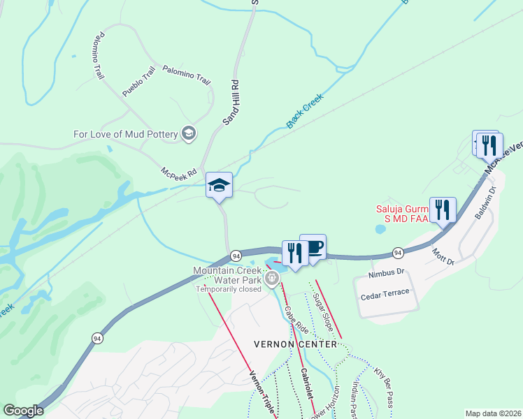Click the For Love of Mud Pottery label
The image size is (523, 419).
click(x=126, y=134)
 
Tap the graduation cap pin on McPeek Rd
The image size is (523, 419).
click(x=219, y=186)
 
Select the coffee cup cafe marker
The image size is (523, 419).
click(x=313, y=247)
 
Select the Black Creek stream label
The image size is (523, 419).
click(x=305, y=111)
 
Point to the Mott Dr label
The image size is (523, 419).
click(x=443, y=256)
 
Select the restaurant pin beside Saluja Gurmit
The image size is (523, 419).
click(x=443, y=209)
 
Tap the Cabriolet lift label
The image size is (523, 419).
click(x=307, y=385)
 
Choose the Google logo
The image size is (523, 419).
click(x=23, y=411)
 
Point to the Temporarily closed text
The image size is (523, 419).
click(x=228, y=288)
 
